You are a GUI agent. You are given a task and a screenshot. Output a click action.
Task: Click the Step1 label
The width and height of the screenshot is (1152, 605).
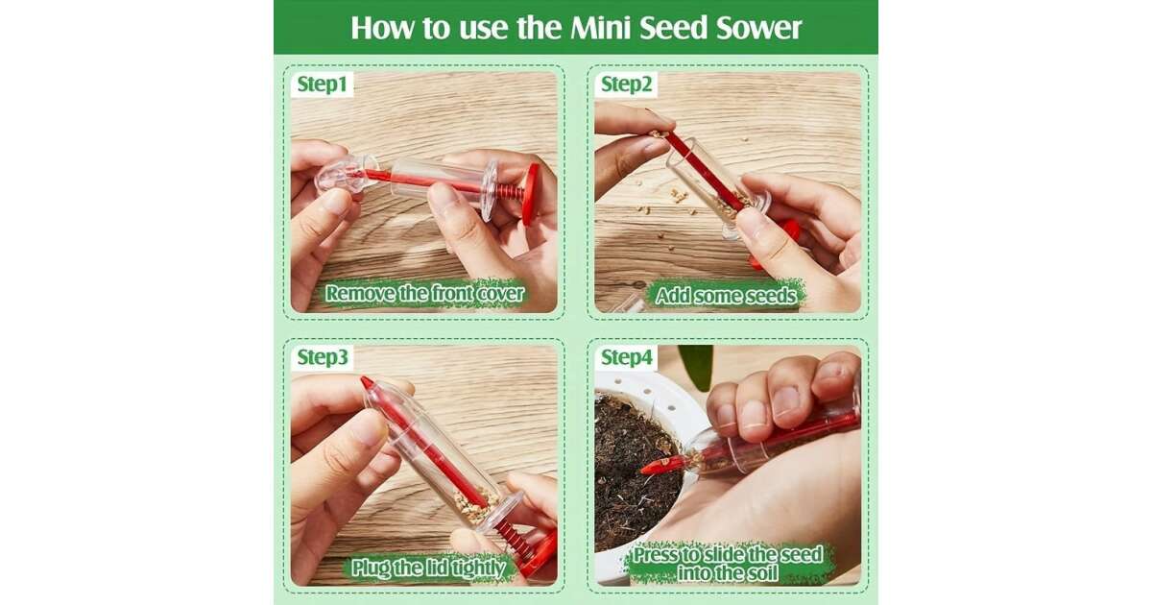pyautogui.click(x=323, y=84)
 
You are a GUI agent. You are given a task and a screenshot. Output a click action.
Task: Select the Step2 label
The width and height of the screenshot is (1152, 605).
pyautogui.click(x=626, y=84)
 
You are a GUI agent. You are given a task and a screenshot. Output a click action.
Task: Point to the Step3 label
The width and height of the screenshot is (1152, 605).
pyautogui.click(x=323, y=356)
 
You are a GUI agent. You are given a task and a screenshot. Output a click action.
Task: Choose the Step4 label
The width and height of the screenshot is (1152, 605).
pyautogui.click(x=626, y=356)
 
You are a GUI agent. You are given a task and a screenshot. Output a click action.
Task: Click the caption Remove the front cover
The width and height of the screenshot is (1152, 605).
pyautogui.click(x=424, y=293)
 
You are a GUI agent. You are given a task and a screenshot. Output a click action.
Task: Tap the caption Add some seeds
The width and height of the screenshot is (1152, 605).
pyautogui.click(x=726, y=296)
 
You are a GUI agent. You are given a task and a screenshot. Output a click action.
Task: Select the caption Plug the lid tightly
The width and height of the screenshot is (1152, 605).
pyautogui.click(x=428, y=568)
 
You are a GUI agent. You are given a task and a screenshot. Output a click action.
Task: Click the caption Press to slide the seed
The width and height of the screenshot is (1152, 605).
pyautogui.click(x=728, y=555)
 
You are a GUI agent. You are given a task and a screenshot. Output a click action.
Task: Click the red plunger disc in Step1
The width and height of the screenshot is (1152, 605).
pyautogui.click(x=530, y=194)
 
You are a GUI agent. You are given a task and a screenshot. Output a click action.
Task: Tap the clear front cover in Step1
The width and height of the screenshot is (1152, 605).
pyautogui.click(x=342, y=174)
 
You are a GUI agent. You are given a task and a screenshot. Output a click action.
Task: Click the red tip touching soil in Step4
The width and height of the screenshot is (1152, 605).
pyautogui.click(x=660, y=466)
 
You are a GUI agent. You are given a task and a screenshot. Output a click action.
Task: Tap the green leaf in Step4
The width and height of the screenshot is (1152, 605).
pyautogui.click(x=696, y=365)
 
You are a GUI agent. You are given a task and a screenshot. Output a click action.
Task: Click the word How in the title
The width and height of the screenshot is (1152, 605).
pyautogui.click(x=381, y=27)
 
